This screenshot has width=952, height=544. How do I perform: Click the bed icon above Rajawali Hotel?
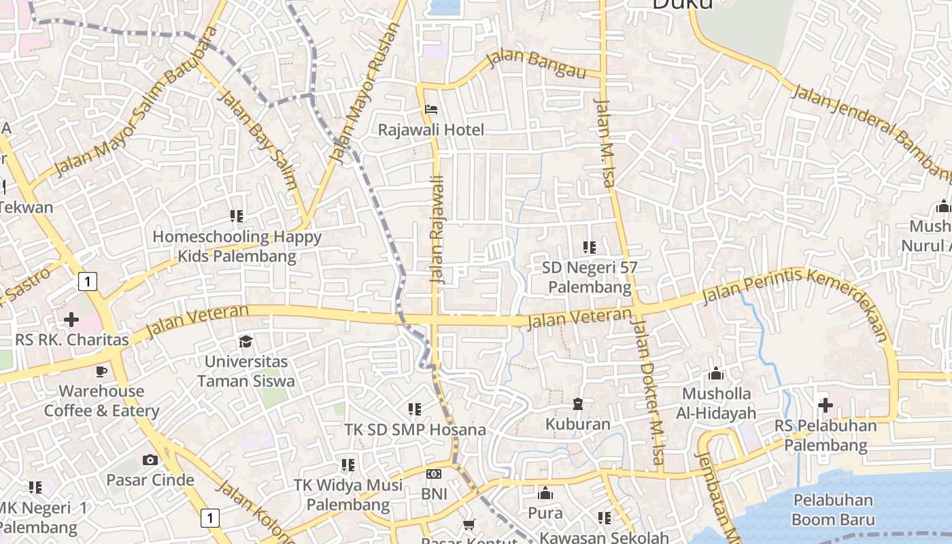point(430,109)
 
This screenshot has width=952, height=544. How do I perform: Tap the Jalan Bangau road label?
point(537,63)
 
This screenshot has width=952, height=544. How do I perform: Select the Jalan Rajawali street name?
point(437,229)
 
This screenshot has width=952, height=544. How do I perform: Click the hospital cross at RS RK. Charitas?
point(71,319)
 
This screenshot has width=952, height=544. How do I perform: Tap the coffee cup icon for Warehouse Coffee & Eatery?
point(101,371)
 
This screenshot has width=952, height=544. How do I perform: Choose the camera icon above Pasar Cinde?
point(150,460)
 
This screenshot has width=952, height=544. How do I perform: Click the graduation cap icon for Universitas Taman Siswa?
point(245,341)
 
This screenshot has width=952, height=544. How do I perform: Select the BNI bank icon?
point(434,474)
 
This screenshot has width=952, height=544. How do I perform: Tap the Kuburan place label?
point(578,424)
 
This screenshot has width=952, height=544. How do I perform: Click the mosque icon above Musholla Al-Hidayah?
point(715,373)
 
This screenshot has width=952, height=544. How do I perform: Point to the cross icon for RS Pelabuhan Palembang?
point(826,405)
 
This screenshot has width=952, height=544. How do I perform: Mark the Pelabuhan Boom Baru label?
point(832,510)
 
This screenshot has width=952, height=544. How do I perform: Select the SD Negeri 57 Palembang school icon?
point(590,248)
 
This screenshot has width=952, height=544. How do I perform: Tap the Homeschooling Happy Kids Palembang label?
point(237,247)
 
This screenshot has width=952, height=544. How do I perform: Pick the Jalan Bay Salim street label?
point(256,139)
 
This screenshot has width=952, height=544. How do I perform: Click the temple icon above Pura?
point(545,493)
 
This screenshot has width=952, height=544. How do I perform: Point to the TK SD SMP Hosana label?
point(415,430)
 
